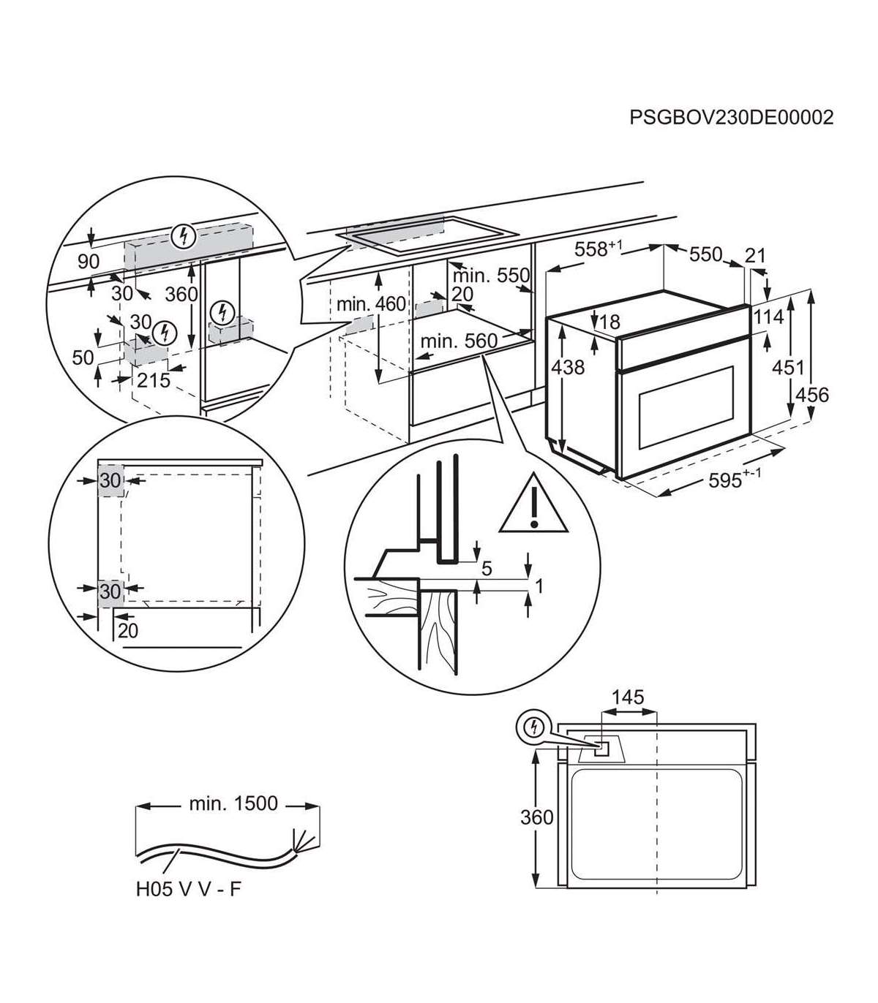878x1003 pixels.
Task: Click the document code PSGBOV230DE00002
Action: coord(731,118)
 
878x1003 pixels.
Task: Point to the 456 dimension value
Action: coord(812,395)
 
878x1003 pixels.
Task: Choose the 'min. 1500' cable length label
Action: coord(233,803)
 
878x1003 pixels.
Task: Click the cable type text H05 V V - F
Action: coord(187,890)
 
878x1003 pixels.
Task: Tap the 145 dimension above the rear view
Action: coord(628,697)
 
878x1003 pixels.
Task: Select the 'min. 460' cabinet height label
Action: coord(371,303)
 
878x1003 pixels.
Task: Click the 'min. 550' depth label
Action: coord(490,276)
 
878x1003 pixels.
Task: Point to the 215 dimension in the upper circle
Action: coord(153,380)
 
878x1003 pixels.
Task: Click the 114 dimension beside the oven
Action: coord(769,317)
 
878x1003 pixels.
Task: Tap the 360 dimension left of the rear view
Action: coord(536,817)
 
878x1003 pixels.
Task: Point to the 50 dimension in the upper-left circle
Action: coord(83,357)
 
